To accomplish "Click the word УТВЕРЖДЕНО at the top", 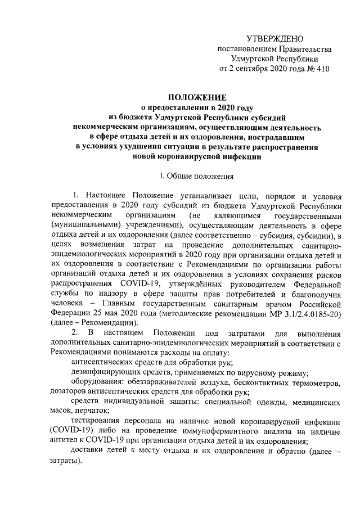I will tap(275, 38).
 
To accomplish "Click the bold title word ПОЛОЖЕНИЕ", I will tap(196, 97).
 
